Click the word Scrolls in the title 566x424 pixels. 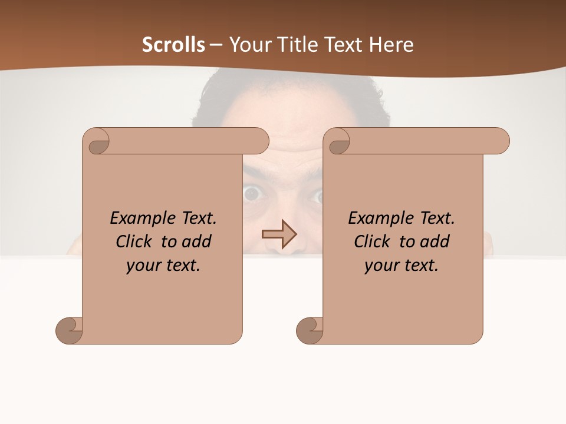tap(173, 45)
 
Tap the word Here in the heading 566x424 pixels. tap(392, 45)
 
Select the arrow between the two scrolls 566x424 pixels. tap(279, 234)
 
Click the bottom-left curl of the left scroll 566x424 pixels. tap(69, 330)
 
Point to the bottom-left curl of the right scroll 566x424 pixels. tap(310, 330)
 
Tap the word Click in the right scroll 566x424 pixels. tap(371, 242)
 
